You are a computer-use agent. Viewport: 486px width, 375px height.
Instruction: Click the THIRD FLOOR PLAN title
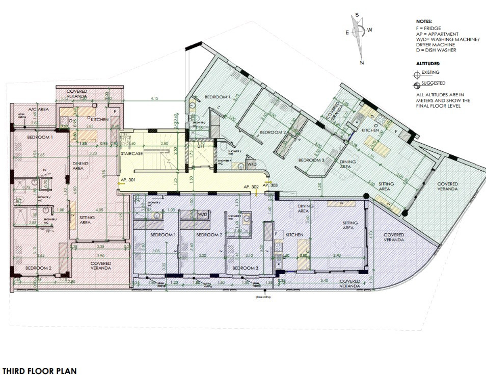click(x=40, y=371)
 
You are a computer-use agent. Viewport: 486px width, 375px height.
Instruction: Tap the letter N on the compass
click(x=362, y=63)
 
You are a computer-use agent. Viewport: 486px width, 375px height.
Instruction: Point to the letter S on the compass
click(x=357, y=15)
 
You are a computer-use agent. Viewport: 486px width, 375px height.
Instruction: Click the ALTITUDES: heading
click(x=428, y=64)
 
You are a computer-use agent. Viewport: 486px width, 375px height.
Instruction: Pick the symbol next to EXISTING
click(x=417, y=74)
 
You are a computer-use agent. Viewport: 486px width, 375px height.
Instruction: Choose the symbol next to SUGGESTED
click(x=417, y=84)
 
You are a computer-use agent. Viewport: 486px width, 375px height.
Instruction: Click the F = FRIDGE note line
click(x=428, y=28)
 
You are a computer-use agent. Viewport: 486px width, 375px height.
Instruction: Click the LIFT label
click(x=201, y=146)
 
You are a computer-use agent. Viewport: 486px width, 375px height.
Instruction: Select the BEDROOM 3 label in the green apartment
click(x=311, y=160)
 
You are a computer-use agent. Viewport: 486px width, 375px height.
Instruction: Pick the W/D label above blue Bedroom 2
click(x=203, y=214)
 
